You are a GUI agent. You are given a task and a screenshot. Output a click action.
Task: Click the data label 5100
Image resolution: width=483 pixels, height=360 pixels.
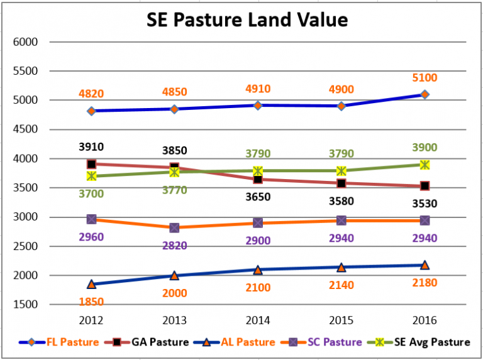[425, 78]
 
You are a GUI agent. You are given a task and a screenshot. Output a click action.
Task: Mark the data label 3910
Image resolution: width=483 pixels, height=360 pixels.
[91, 147]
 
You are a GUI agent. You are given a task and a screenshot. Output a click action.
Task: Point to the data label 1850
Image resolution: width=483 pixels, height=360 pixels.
[91, 302]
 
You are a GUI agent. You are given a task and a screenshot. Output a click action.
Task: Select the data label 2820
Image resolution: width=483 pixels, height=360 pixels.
[174, 245]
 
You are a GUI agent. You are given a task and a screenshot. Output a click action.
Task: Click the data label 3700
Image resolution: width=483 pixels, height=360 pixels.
[91, 194]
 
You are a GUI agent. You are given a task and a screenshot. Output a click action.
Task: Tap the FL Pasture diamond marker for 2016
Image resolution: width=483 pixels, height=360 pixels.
[425, 94]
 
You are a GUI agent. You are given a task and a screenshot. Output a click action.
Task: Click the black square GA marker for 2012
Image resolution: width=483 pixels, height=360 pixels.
[91, 164]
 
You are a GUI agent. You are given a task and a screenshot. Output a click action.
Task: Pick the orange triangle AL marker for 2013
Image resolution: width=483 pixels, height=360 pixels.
[174, 275]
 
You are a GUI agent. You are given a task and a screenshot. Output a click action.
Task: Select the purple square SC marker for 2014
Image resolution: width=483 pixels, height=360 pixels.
[258, 223]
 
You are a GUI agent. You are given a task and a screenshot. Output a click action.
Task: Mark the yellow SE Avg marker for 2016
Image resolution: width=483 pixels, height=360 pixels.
[425, 165]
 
